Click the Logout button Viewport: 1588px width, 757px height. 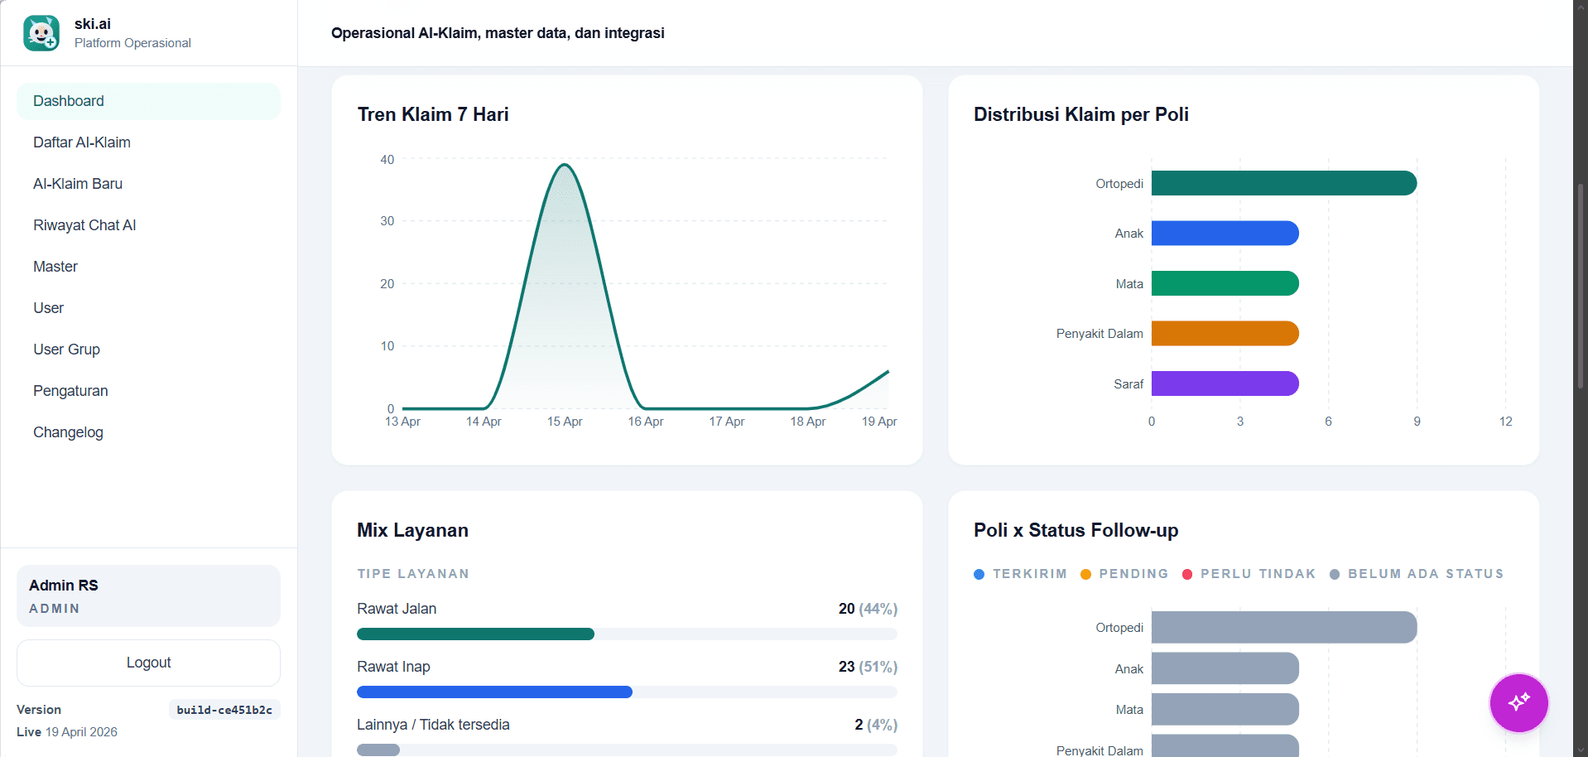(x=148, y=663)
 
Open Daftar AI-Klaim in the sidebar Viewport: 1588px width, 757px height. (x=82, y=142)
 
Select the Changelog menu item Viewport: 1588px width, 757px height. (x=68, y=432)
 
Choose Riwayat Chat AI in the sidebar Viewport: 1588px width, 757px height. (x=84, y=225)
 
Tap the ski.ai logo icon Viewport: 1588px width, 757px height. (x=41, y=33)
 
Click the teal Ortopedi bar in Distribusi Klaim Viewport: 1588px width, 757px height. (x=1283, y=183)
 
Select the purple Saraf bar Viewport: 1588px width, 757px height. (x=1225, y=383)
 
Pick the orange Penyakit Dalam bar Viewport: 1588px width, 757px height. (x=1225, y=334)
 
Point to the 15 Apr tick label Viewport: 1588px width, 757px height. (x=565, y=422)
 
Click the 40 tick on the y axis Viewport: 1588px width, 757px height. (x=387, y=160)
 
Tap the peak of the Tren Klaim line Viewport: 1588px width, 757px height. (x=565, y=165)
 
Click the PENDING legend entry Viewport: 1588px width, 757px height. (x=1124, y=574)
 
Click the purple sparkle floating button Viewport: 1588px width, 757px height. (x=1518, y=702)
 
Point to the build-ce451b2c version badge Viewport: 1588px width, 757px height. (x=224, y=710)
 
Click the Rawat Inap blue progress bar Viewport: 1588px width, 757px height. (x=494, y=692)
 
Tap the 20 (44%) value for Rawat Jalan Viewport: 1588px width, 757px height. (x=867, y=609)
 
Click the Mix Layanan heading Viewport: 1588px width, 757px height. (x=412, y=530)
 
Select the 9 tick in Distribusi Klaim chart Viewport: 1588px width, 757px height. (x=1417, y=422)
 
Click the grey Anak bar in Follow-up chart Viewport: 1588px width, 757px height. (x=1225, y=668)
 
